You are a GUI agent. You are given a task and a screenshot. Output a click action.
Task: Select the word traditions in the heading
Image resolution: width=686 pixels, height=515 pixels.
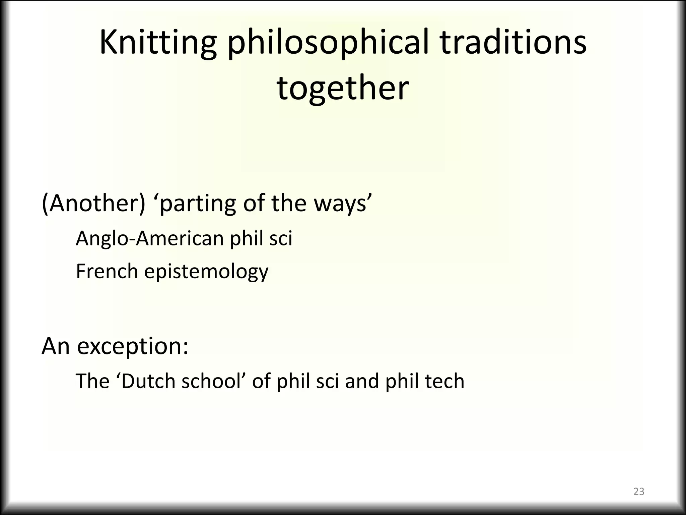(512, 43)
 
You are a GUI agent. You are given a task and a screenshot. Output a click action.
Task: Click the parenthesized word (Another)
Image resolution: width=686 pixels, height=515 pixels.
(93, 204)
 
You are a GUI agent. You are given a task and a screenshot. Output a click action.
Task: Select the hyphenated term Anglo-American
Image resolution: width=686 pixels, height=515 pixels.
(150, 239)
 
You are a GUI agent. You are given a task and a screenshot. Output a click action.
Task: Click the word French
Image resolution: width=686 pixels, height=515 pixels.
(107, 271)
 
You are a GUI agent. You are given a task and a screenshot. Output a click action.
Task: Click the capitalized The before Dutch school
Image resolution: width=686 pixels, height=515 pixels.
(93, 381)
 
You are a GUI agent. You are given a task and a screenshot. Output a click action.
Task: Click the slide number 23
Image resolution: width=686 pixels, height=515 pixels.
(639, 492)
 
